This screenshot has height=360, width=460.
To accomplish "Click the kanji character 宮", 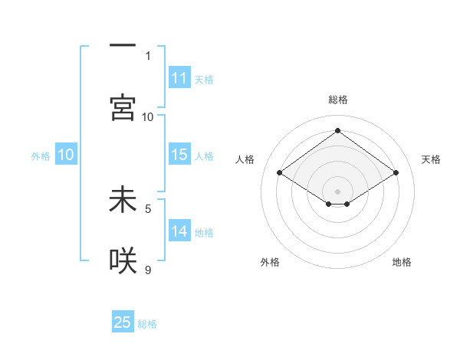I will [123, 108].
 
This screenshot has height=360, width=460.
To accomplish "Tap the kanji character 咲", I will [123, 261].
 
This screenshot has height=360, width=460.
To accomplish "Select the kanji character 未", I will [123, 200].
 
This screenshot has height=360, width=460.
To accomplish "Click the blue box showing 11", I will [179, 78].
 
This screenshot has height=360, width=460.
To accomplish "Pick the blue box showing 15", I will [179, 155].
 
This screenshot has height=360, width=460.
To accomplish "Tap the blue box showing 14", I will [179, 231].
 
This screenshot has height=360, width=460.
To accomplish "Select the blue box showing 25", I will [123, 322].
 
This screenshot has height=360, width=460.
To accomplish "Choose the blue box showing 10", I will [65, 155].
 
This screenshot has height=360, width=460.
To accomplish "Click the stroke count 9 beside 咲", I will [148, 270].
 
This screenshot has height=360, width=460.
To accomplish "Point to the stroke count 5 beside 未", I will [148, 208].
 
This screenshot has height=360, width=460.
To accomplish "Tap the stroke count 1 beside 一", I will [148, 55].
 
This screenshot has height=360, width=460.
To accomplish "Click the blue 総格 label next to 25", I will [147, 324].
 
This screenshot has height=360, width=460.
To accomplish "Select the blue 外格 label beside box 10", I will [41, 156].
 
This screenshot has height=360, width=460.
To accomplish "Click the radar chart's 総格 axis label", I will [337, 100].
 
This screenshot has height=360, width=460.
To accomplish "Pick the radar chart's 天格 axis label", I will [431, 159].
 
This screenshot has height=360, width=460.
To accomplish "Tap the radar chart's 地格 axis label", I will [402, 262].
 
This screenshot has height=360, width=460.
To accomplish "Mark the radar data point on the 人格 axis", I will [280, 173].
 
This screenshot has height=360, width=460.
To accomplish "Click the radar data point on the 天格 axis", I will [396, 173].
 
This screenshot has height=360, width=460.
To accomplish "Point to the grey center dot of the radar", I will [337, 191].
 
